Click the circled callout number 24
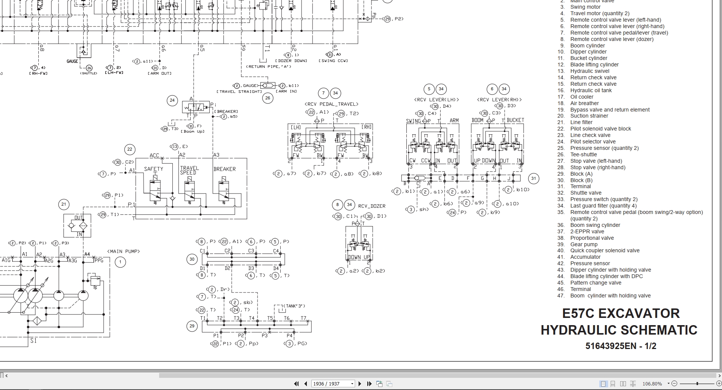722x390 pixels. point(172,101)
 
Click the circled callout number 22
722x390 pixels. point(130,149)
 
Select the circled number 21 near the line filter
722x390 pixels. point(64,204)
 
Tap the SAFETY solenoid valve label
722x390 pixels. point(153,169)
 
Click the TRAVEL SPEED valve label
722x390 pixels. point(189,170)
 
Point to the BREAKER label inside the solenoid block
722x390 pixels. point(224,169)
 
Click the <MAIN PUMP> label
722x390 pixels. point(123,252)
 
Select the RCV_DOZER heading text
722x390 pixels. point(371,206)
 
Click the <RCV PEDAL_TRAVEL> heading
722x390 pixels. point(331,104)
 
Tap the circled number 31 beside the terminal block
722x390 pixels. point(534,178)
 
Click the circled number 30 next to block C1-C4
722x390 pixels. point(192,259)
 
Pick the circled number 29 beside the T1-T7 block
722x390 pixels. point(192,326)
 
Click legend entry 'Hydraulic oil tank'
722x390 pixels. point(591,90)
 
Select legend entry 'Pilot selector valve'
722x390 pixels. point(592,142)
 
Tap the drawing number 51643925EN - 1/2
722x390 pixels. point(621,346)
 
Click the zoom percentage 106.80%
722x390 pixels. point(652,384)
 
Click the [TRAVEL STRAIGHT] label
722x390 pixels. point(239,91)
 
